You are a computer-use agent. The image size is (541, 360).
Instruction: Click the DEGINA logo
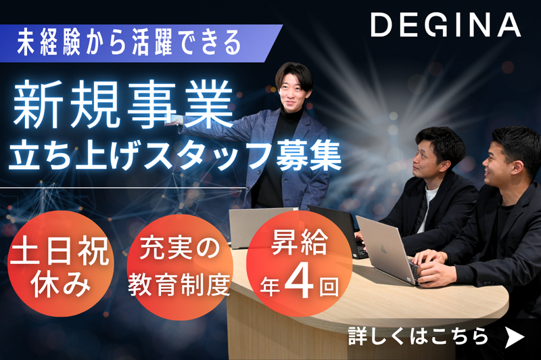click(445, 26)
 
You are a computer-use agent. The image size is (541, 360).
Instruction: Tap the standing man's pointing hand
click(174, 120)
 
